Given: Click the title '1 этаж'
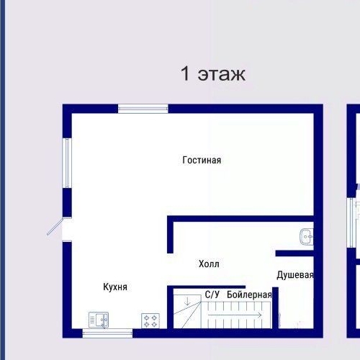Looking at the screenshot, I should coord(212,73).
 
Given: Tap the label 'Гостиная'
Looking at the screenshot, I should coord(202,161).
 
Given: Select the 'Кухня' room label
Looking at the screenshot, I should coord(115,287).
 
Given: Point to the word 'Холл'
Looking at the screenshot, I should coord(209,264).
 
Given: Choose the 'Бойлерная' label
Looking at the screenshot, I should coord(249,294).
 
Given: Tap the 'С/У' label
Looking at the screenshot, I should coord(212,294).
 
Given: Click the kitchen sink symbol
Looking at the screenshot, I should coord(97,319).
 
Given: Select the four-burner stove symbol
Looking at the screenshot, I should coord(150,319).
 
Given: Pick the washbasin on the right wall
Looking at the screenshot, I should coord(307,236).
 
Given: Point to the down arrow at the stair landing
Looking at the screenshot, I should coord(187,300).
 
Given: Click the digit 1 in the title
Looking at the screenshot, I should coord(185,73).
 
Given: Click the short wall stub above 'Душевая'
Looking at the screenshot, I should coord(294,253).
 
